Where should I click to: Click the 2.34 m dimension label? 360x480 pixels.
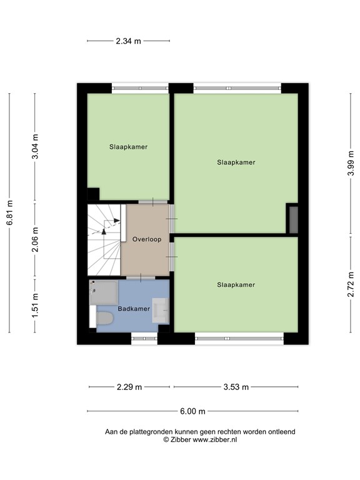[128, 41]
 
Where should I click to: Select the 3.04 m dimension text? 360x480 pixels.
[36, 147]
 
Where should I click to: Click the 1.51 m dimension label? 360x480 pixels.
[36, 306]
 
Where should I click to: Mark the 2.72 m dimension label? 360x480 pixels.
[350, 285]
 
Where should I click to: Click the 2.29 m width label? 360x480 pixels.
[129, 387]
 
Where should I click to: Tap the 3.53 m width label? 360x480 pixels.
[236, 387]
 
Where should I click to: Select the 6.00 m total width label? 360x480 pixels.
[192, 411]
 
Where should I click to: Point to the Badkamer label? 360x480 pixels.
[133, 309]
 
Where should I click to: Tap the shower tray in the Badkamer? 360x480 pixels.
[103, 292]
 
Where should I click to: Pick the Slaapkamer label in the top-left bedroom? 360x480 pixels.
[128, 147]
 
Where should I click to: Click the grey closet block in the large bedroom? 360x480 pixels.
[292, 219]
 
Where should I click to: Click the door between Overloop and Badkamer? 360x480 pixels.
[143, 277]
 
